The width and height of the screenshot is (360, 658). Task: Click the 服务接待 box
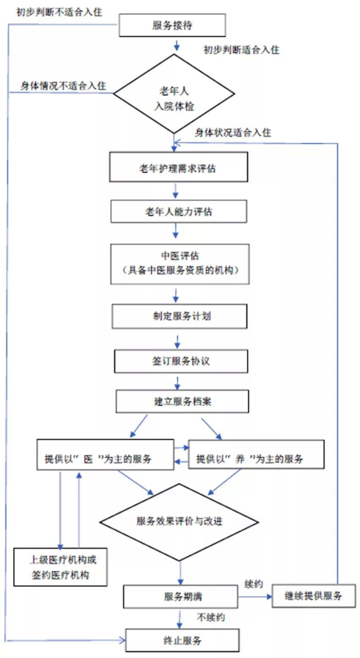tap(172, 25)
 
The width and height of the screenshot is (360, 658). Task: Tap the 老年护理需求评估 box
tap(178, 167)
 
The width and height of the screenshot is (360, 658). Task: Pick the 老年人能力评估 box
tap(178, 211)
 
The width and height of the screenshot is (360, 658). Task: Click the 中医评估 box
tap(180, 264)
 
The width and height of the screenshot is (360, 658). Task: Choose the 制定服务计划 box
tap(179, 316)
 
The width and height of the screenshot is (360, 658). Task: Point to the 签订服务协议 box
tap(181, 361)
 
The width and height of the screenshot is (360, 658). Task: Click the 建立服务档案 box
tap(182, 401)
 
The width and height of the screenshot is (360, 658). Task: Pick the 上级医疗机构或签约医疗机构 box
tap(61, 566)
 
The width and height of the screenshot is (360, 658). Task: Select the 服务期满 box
tap(180, 596)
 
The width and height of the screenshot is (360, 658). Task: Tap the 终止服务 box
tap(182, 640)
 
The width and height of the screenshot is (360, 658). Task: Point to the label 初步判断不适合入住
tap(59, 12)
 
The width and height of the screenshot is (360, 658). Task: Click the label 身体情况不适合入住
tap(63, 86)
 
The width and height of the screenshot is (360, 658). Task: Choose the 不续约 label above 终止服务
tap(211, 617)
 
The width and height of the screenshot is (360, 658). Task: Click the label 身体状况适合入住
tap(233, 132)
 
